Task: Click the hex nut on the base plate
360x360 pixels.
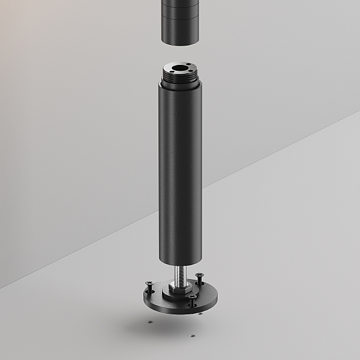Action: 180,288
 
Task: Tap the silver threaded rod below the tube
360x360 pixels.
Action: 180,275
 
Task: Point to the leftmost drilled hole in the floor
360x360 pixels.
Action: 149,322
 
